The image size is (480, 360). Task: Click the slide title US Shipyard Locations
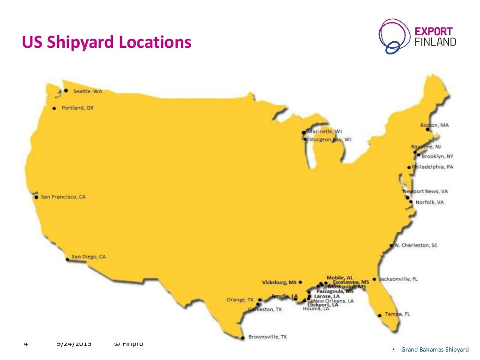coord(107,43)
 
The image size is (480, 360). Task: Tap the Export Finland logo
coord(417,37)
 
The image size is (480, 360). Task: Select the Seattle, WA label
coord(87,91)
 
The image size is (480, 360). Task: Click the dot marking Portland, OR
coord(54,108)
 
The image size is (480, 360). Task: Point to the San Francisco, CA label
coord(63,197)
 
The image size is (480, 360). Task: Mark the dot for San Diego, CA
coord(67,257)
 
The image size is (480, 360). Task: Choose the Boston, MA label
coord(435,125)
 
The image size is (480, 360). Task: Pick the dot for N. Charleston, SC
coord(391,246)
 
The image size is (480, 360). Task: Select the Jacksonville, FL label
coord(398,279)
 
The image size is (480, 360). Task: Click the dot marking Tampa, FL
coord(380,315)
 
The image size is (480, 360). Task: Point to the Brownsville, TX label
coord(267,337)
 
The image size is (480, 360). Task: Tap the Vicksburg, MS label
coord(279,283)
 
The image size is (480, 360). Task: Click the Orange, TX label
coord(240,300)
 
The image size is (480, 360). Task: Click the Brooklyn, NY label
coord(437,157)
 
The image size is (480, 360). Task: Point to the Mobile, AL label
coord(340,277)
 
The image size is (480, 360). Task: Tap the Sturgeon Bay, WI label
coord(330,139)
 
